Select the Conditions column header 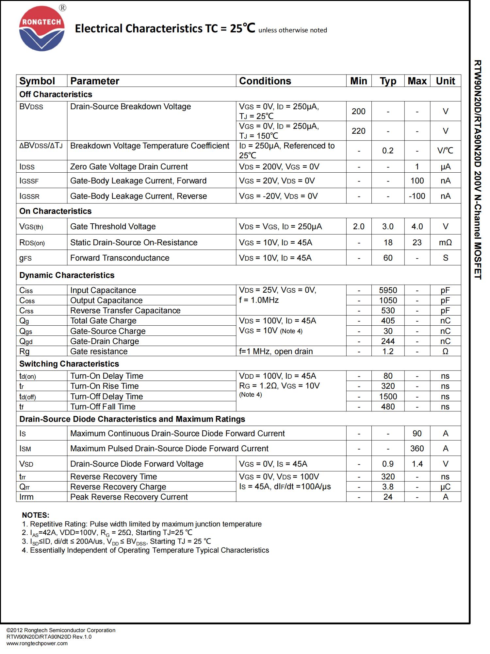[265, 81]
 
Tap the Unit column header [445, 81]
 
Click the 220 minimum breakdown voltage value [358, 131]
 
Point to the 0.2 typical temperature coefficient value [388, 150]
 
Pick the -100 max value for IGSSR [417, 196]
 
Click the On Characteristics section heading [55, 211]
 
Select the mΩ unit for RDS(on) [445, 242]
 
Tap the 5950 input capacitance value [388, 290]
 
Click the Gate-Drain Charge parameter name [105, 341]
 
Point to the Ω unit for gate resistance [445, 351]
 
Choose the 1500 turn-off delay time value [388, 396]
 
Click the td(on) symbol [27, 376]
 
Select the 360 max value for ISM [417, 448]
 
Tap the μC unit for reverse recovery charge [445, 487]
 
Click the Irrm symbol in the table [26, 497]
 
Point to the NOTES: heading [36, 515]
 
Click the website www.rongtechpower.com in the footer [37, 643]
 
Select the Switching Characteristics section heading [69, 364]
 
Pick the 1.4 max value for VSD [417, 464]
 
